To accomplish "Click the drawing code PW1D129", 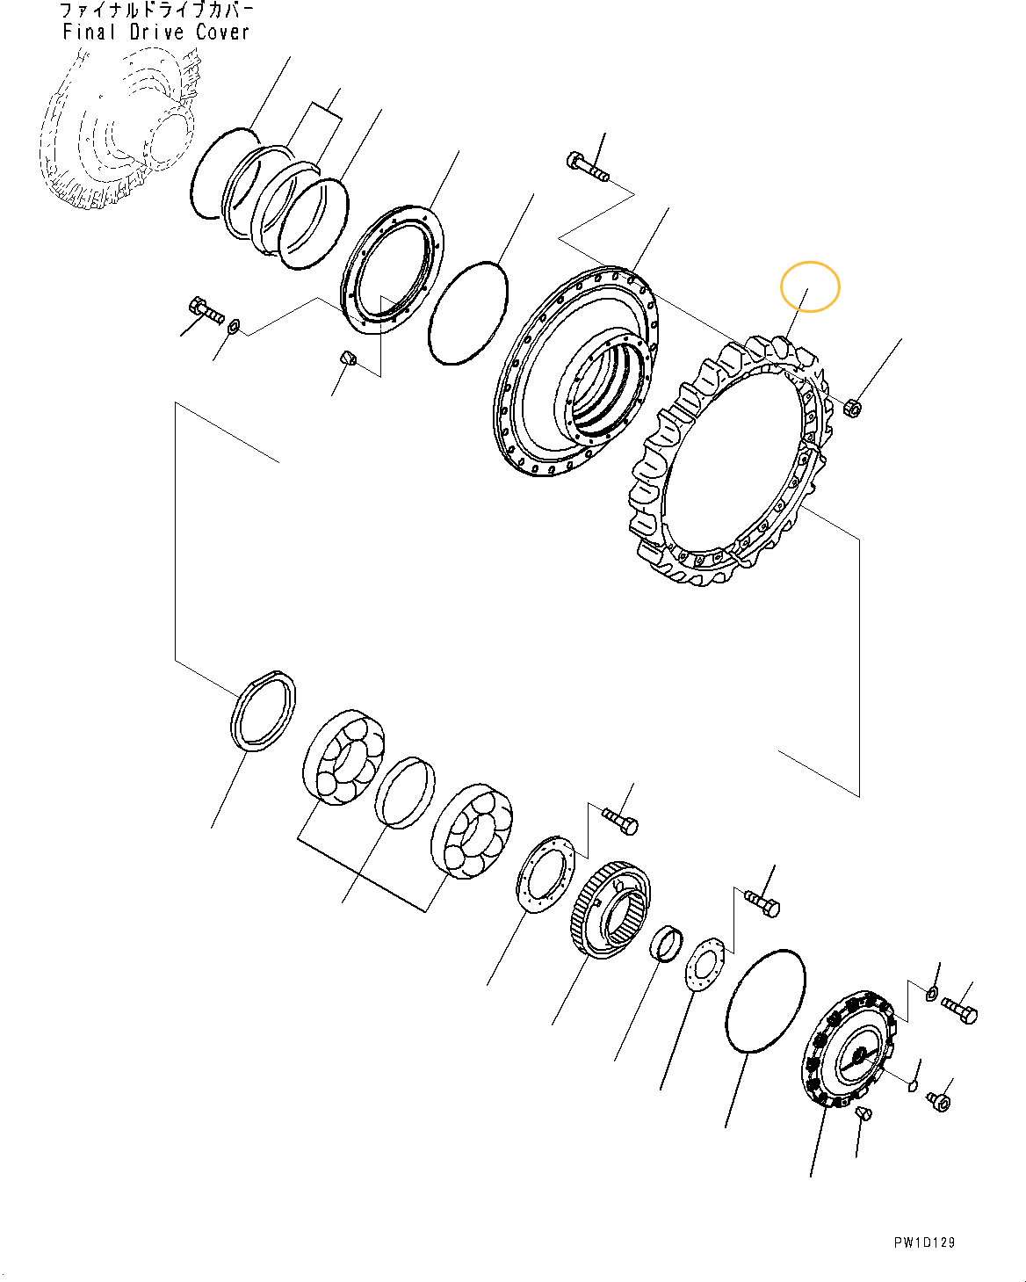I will [924, 1242].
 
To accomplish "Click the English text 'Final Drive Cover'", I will [156, 33].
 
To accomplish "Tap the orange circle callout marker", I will [810, 286].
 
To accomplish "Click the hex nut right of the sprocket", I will [850, 409].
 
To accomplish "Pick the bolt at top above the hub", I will [587, 167].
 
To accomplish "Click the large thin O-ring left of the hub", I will [468, 312].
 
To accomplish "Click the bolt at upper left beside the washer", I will [206, 310].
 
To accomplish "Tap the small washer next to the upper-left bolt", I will [234, 327].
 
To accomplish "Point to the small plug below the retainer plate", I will [346, 359].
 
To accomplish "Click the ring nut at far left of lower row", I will [263, 710].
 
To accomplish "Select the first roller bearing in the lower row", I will [343, 757].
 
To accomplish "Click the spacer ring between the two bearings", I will [404, 793].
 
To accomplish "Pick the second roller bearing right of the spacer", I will [472, 830].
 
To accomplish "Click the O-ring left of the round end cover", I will [765, 1000].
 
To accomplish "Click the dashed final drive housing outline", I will [119, 132].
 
